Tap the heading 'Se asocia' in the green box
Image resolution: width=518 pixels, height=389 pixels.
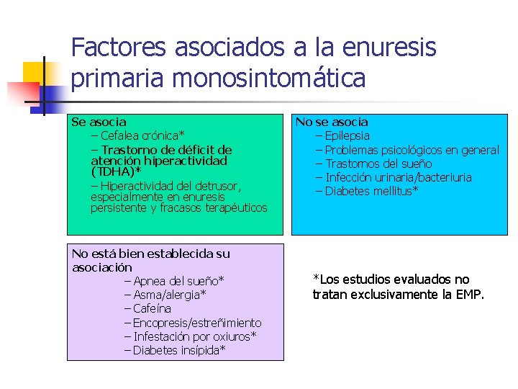[x=99, y=122]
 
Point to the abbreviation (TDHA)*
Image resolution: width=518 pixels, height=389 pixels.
[x=116, y=173]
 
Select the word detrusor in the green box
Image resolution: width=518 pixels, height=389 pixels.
[x=214, y=186]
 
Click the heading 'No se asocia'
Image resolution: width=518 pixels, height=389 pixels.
[x=332, y=122]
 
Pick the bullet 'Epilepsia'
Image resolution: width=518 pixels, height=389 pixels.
[x=347, y=135]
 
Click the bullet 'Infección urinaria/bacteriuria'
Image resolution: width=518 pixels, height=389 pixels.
[x=398, y=177]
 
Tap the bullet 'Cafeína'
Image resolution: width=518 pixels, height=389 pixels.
[x=152, y=308]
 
